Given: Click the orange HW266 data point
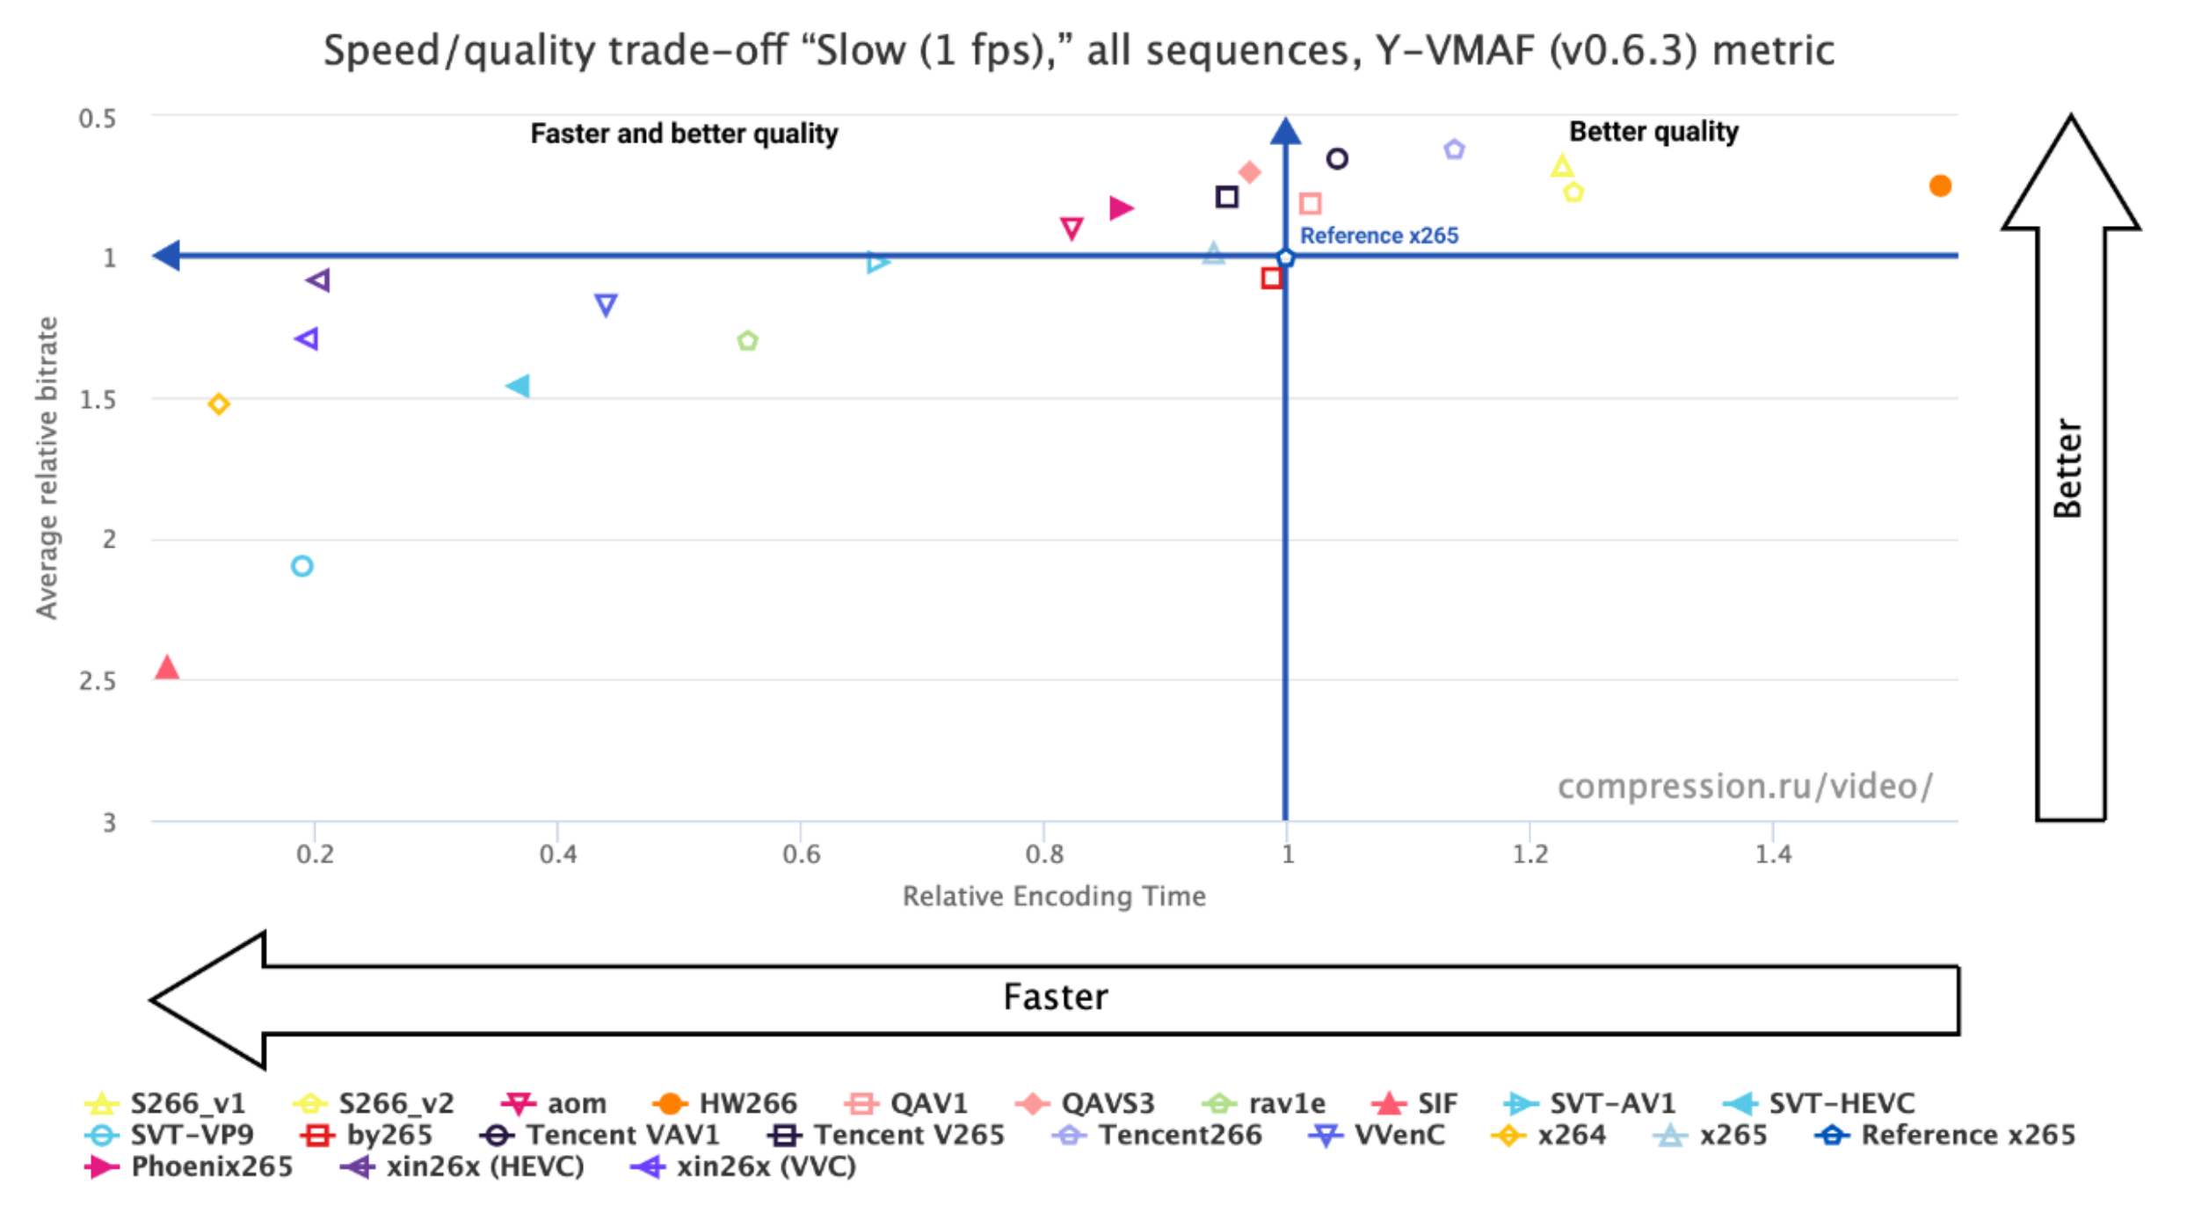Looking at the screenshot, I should click(1940, 186).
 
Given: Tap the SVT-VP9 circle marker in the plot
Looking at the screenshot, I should click(302, 566).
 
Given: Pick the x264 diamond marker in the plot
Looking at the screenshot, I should click(219, 404).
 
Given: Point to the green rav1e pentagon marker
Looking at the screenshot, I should click(747, 341).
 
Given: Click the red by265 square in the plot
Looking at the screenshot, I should click(1271, 279).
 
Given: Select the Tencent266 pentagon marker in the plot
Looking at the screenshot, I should click(1454, 150).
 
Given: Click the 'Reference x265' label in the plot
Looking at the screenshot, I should click(1378, 236).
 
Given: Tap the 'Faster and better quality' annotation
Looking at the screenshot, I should click(684, 134).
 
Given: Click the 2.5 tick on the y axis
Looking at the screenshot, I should click(98, 681).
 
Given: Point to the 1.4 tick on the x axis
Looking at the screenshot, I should click(1773, 854).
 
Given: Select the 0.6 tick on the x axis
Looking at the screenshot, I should click(801, 854).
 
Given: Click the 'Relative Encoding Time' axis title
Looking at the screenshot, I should click(1053, 897).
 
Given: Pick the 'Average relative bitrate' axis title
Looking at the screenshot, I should click(47, 468).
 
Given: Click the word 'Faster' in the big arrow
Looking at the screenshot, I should click(1055, 998).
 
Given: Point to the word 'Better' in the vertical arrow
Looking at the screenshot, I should click(2067, 469).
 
